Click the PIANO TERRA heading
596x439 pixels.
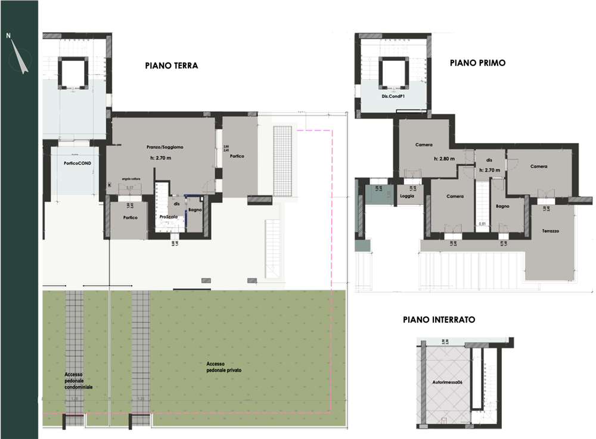[x=171, y=66]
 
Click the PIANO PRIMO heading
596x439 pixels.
[x=477, y=62]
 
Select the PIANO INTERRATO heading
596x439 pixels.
[x=439, y=320]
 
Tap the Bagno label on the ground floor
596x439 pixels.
[x=195, y=210]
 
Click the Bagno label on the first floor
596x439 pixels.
[x=503, y=206]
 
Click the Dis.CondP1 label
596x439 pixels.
[x=393, y=95]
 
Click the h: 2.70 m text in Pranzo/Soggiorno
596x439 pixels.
[x=164, y=158]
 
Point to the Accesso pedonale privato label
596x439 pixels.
[x=224, y=367]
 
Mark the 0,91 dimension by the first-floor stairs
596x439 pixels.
[x=483, y=225]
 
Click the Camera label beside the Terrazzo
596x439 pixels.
[x=539, y=167]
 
